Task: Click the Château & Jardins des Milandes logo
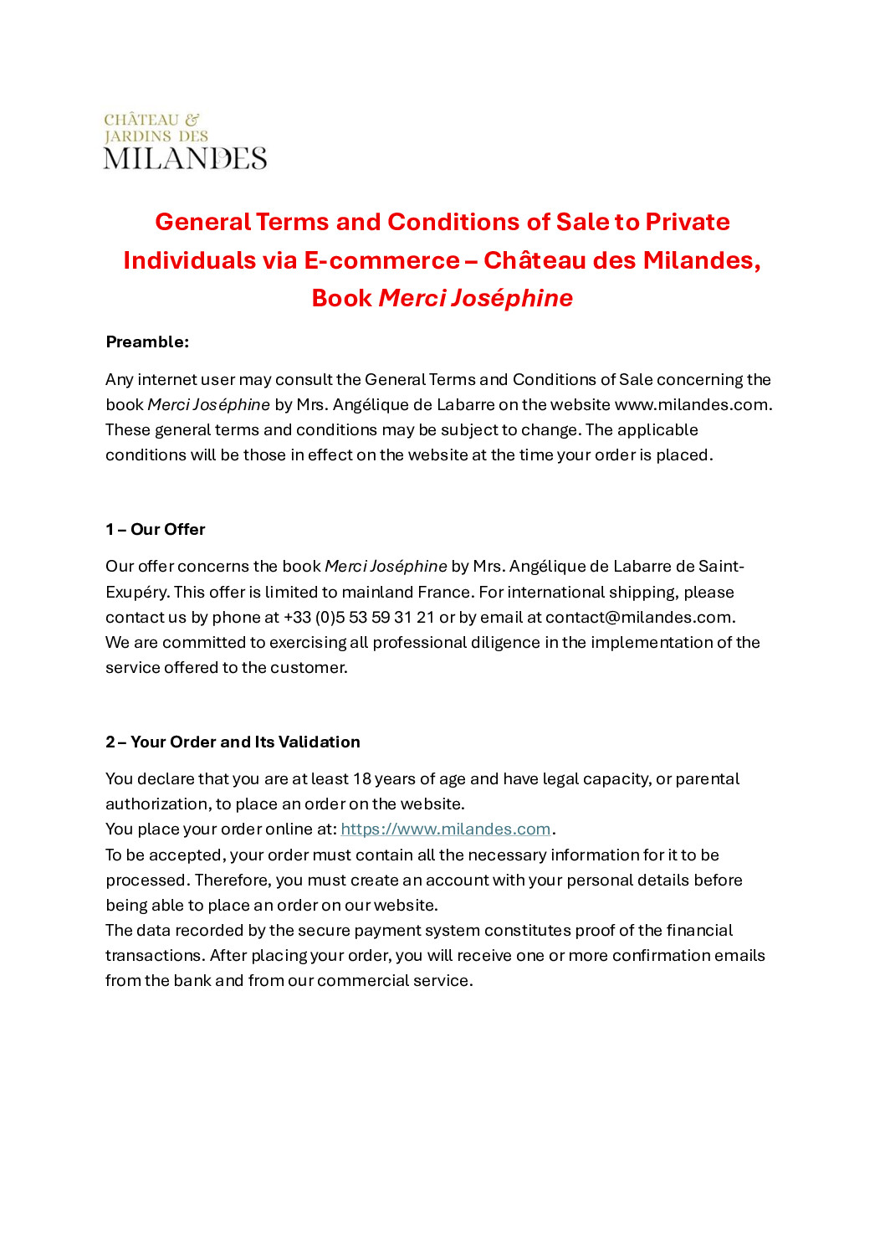[185, 141]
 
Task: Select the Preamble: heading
[147, 341]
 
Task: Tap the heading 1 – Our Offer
[156, 529]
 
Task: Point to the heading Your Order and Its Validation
[245, 742]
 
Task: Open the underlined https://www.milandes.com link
[445, 829]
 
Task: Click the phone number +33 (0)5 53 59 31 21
[359, 617]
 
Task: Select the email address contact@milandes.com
[639, 617]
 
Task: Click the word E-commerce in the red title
[381, 260]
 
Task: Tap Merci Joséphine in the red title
[475, 298]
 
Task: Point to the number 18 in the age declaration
[361, 778]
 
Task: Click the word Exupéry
[136, 592]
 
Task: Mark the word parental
[707, 778]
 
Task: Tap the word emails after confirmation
[738, 955]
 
